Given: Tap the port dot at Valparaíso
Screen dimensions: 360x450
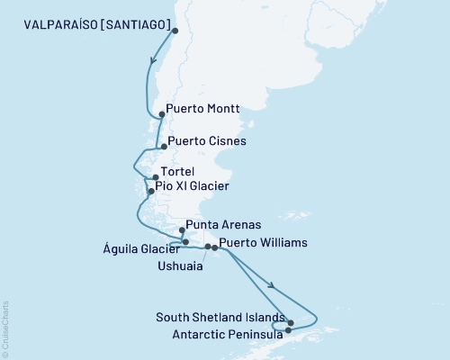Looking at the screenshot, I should coord(175,31).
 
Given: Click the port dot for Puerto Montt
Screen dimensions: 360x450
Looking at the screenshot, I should coord(161,114).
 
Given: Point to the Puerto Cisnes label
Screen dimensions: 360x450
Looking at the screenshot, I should coord(207,141).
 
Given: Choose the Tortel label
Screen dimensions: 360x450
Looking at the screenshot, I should coord(177,172).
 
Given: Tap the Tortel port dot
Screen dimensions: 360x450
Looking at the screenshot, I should coord(156,177).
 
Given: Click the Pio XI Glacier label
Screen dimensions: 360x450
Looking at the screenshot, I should coord(192,186).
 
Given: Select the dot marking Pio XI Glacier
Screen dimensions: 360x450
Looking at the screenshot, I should coord(150,191).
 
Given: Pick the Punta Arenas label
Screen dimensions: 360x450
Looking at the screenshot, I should coord(223,224).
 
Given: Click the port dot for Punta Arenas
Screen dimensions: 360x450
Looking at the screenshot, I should coord(182,230).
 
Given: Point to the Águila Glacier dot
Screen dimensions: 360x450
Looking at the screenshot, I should coord(185,242).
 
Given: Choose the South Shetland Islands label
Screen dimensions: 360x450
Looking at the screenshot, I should coord(220,317).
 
